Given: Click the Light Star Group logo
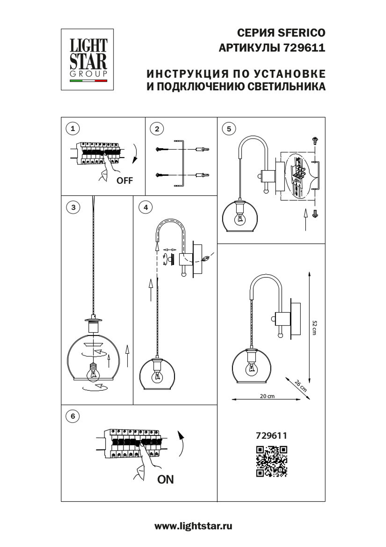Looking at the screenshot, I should coord(87,59).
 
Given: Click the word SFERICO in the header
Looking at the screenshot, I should coord(301,33).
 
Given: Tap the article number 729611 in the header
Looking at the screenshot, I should coord(304,48).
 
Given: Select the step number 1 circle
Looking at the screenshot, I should coord(73,128).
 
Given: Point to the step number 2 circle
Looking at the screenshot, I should coord(157,129).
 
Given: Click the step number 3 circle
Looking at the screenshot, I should coord(73,208).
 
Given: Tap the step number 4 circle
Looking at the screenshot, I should coord(146,208).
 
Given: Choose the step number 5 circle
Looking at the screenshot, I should coord(229,129).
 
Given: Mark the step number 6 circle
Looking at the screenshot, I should coord(73,416).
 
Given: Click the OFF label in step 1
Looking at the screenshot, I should coord(124,181).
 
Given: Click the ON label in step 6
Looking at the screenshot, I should coord(165,479).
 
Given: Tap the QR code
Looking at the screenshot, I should coord(272,461).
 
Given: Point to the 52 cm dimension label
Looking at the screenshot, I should coord(315,328).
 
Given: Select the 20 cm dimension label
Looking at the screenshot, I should coord(267,396).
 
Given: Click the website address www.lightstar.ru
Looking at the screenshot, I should coord(193,526).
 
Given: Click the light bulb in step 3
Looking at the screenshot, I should coord(93,372).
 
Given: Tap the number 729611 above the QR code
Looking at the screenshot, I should coord(271,436).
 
